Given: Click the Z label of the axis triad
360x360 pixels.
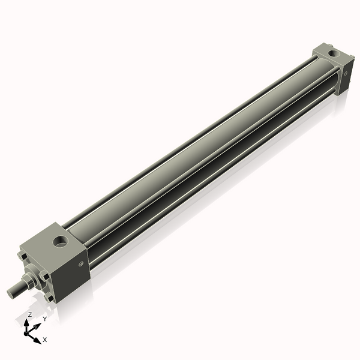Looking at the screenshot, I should pyautogui.click(x=30, y=314).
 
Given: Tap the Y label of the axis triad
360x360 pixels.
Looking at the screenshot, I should pyautogui.click(x=44, y=319).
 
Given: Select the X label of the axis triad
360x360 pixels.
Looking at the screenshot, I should pyautogui.click(x=44, y=340).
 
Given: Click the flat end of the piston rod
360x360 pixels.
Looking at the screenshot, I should pyautogui.click(x=10, y=293).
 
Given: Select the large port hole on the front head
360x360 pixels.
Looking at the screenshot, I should pyautogui.click(x=60, y=242).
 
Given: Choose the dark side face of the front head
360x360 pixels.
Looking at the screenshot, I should pyautogui.click(x=75, y=270).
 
